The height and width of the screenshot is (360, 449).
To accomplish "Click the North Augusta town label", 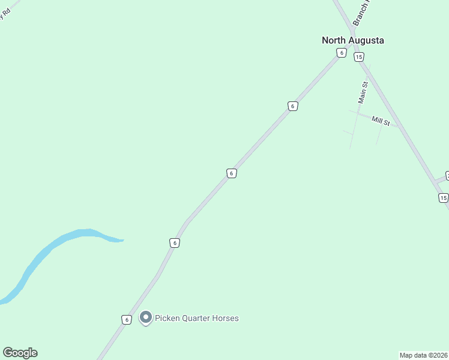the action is point(352,40).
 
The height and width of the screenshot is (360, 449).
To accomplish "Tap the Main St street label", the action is point(363,92).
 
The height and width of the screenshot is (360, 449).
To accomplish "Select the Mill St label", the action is point(381,121).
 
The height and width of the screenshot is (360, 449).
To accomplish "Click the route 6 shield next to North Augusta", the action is point(341,53).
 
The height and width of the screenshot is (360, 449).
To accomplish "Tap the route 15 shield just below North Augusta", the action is point(358,57).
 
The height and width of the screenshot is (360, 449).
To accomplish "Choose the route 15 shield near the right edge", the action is point(443,198).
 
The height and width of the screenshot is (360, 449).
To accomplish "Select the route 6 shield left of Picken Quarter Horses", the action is point(126,320).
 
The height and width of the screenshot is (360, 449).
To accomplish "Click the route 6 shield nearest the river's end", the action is point(174,243).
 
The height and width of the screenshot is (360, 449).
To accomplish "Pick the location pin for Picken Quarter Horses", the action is point(145,317).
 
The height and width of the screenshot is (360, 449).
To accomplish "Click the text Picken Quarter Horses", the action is point(197,318).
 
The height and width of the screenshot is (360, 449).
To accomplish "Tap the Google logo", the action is point(20,353).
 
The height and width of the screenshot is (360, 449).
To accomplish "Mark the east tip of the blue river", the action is point(122,241).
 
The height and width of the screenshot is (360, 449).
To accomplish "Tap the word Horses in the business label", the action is point(226,318).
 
